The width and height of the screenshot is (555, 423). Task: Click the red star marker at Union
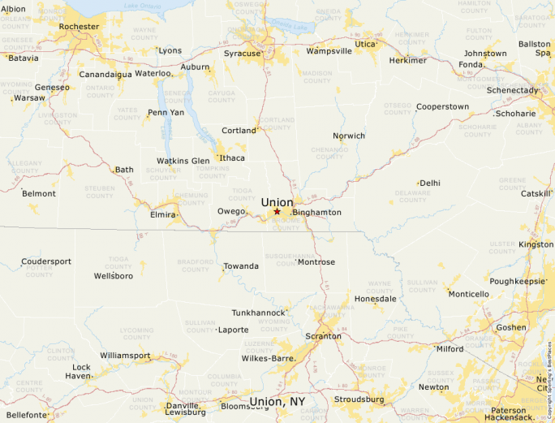[277, 211]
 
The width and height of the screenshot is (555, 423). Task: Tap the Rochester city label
[79, 26]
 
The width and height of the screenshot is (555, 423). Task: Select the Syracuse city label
[243, 54]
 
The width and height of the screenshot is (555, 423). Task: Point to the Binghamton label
[317, 213]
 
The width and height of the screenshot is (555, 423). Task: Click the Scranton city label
[322, 336]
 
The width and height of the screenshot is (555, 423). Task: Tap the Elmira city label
[162, 214]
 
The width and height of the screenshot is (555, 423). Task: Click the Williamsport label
[125, 356]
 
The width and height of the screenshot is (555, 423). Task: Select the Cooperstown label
[442, 106]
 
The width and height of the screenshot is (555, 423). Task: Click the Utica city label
[366, 44]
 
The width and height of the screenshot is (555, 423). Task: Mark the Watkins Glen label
[183, 161]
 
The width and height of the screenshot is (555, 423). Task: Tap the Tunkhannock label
[259, 313]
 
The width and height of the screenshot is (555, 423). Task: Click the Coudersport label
[46, 261]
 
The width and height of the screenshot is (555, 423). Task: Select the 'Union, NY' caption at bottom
[277, 402]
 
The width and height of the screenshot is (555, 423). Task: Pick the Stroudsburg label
[358, 399]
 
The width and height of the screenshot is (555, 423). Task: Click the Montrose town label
[316, 262]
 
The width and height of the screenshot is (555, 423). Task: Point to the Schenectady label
[512, 90]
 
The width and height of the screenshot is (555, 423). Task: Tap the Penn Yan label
[166, 112]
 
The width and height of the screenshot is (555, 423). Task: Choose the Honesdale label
[375, 298]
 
